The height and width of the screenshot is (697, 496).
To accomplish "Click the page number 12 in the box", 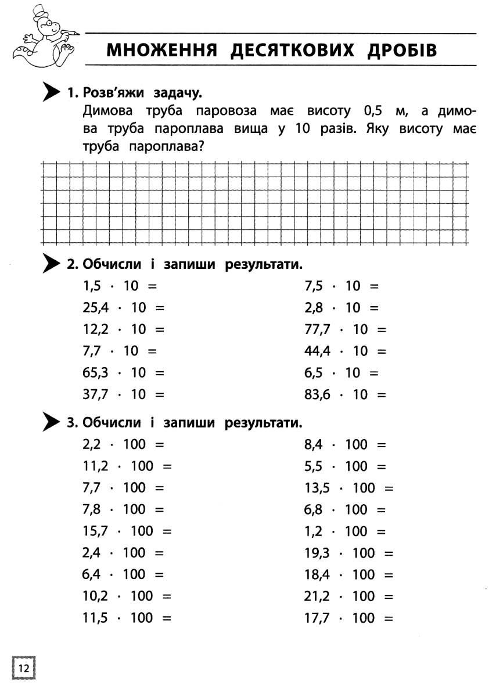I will point(24,667).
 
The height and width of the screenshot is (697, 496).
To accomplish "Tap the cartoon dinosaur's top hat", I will point(39,13).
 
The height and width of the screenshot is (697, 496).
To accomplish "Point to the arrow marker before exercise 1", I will point(51,92).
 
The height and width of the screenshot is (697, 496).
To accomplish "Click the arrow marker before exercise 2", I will point(51,264).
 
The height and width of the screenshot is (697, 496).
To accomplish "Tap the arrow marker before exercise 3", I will point(51,422).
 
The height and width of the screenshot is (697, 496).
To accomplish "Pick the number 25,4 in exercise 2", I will point(95,308).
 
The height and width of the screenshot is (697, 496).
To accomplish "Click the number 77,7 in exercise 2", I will point(317,329).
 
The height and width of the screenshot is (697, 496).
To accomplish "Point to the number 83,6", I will point(317,394).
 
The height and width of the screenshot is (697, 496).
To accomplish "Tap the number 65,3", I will point(95,373).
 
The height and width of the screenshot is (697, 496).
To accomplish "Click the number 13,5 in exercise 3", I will point(317,488).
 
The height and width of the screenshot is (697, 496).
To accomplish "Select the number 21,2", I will point(317,597).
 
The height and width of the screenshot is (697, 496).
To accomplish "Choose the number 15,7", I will point(95,531).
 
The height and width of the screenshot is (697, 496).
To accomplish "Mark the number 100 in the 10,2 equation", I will point(142,597).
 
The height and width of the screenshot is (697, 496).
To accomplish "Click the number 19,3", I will point(317,553).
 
